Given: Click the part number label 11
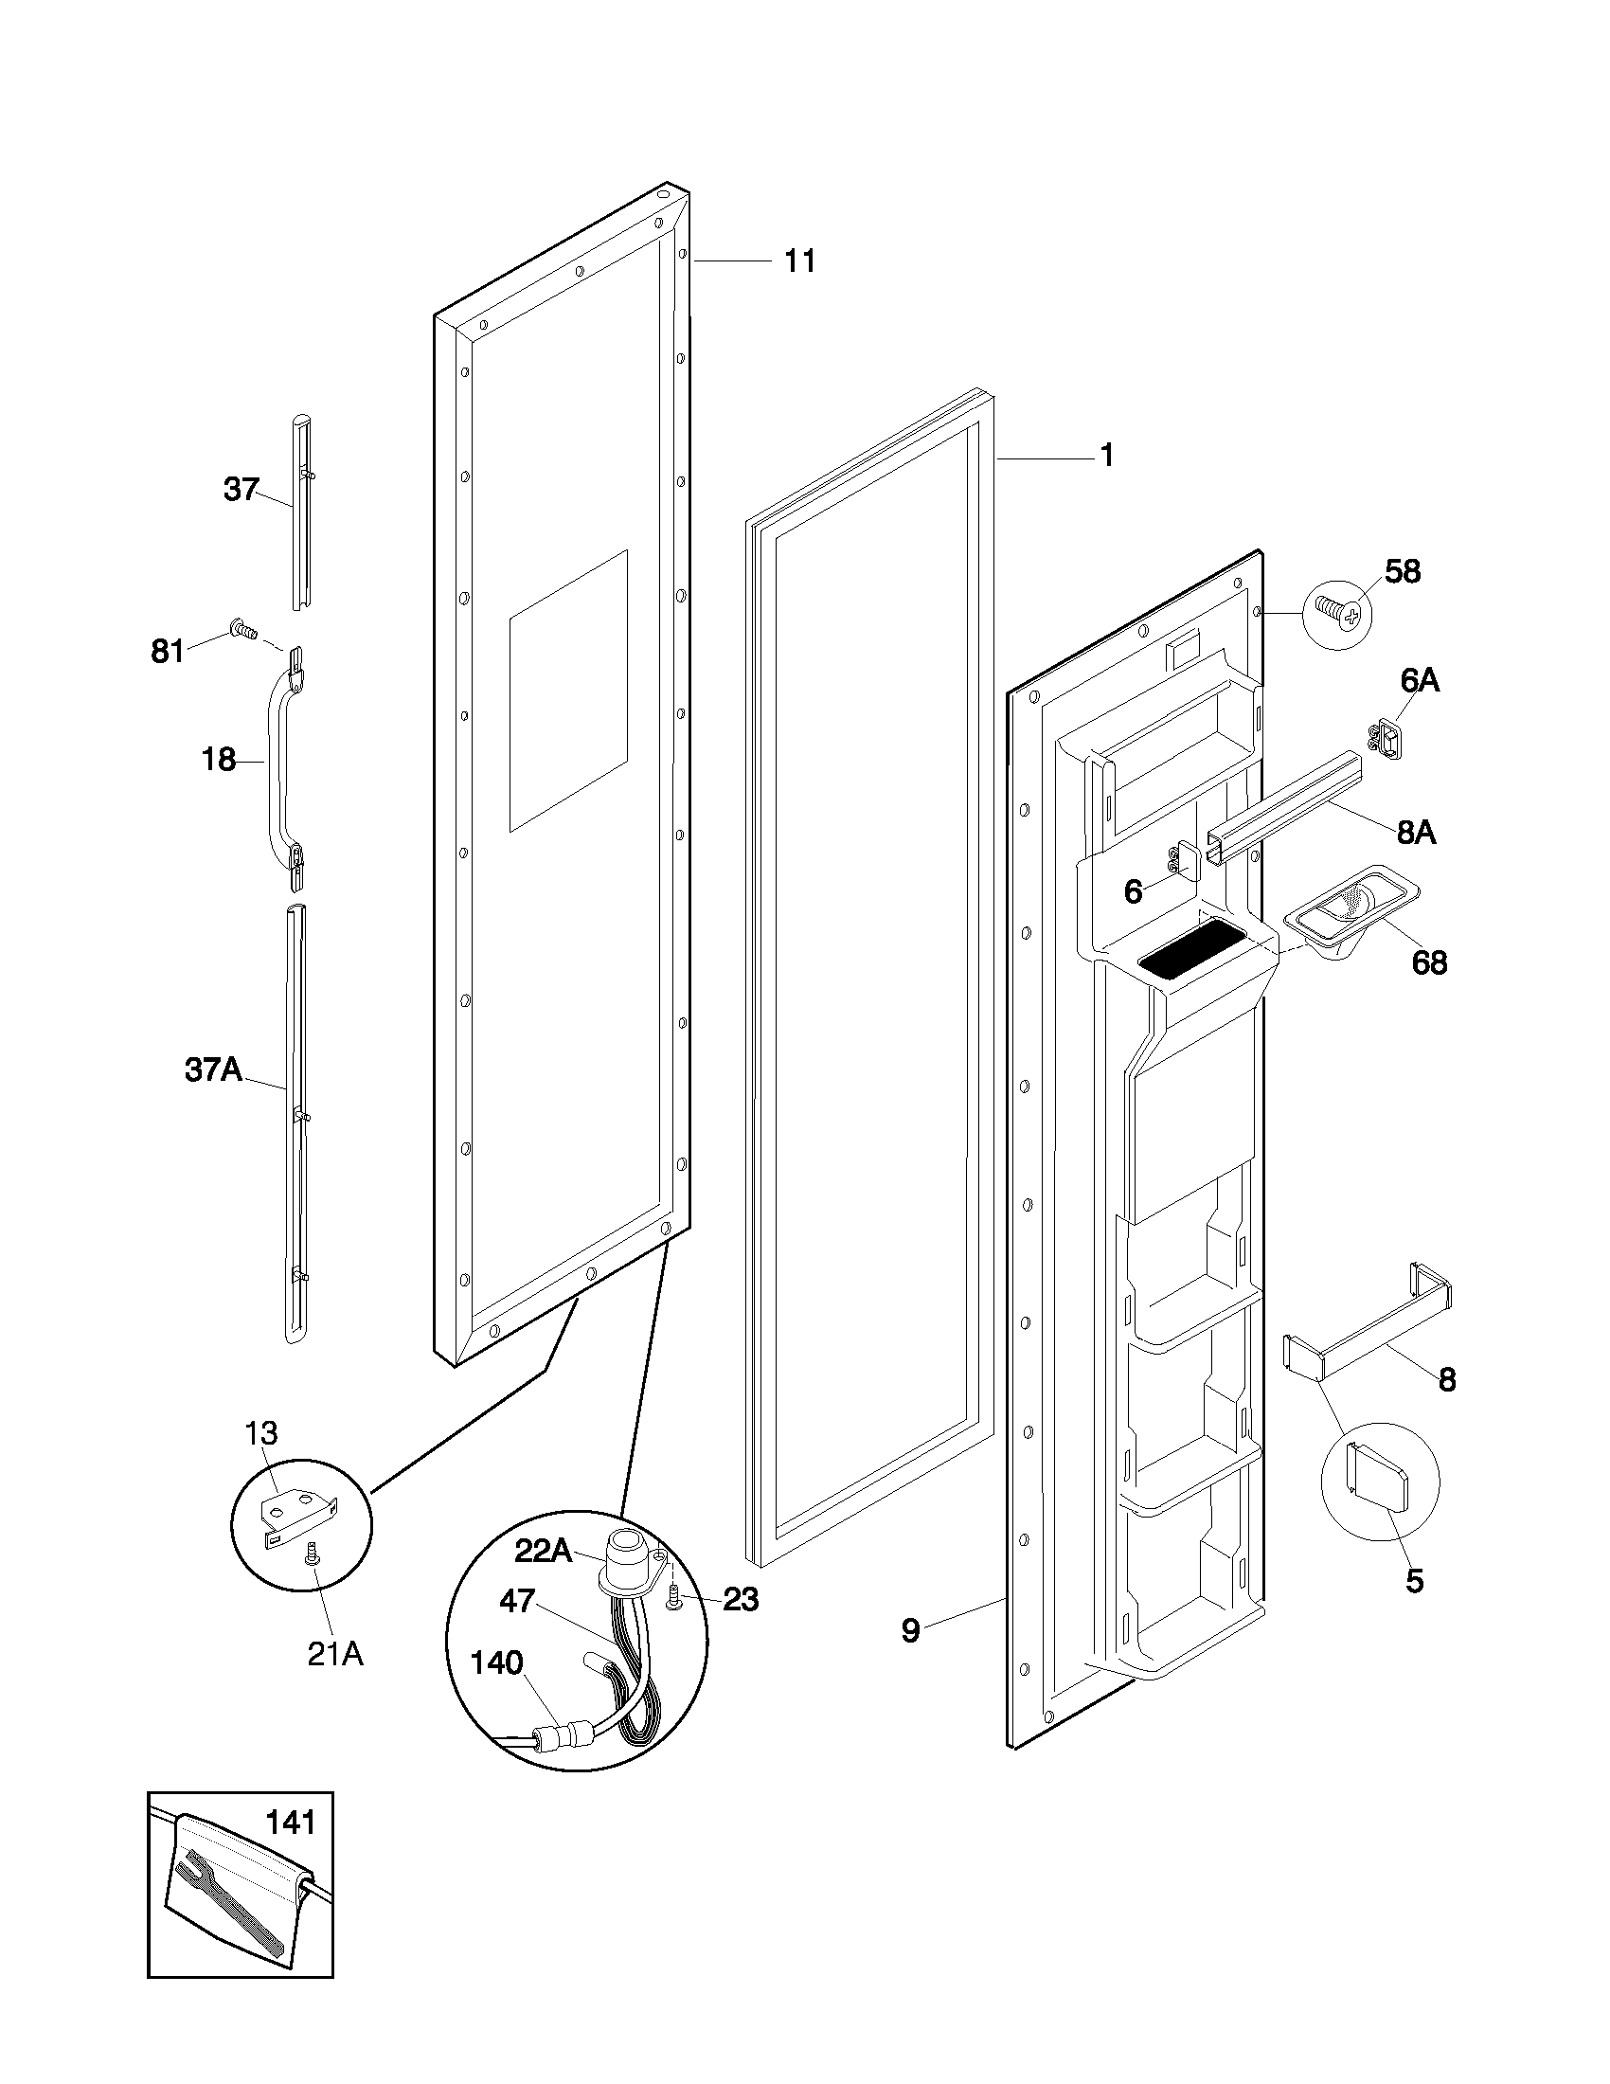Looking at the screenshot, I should [x=799, y=260].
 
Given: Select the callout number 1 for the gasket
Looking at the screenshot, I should [x=1106, y=457].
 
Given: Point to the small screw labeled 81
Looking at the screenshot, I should [x=242, y=628].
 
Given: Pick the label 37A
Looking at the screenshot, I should [x=213, y=1070].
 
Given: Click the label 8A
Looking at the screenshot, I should [x=1416, y=833].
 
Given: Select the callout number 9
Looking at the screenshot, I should [x=910, y=1631].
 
